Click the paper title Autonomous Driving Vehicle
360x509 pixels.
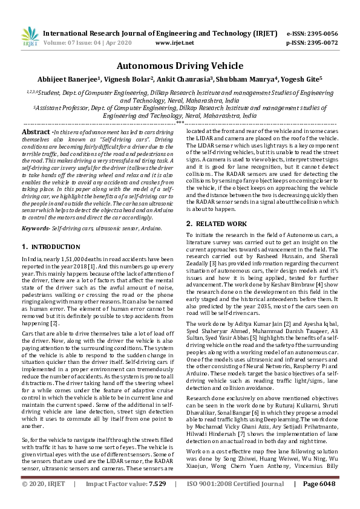(x=179, y=65)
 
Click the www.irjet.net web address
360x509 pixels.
(x=175, y=43)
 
